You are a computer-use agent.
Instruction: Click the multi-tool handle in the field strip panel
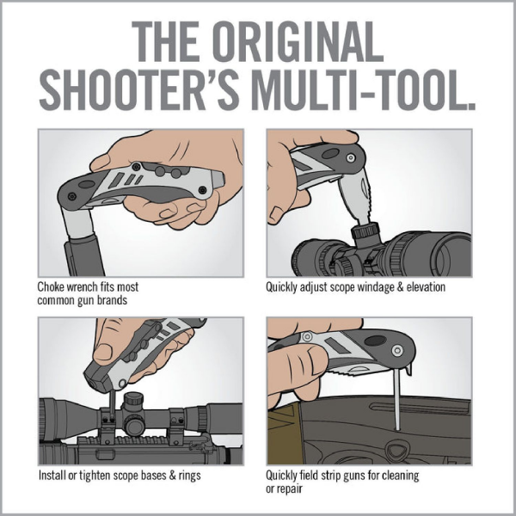pos(344,353)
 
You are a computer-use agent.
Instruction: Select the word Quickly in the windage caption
pos(284,286)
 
